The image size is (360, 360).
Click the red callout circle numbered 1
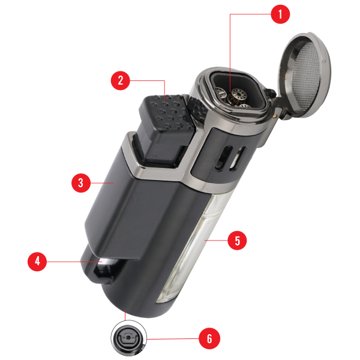pyautogui.click(x=280, y=14)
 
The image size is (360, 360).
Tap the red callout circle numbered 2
pyautogui.click(x=121, y=80)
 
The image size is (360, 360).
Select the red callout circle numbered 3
pyautogui.click(x=81, y=183)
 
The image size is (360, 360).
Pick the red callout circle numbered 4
pyautogui.click(x=37, y=262)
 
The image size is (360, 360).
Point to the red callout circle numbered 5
pyautogui.click(x=237, y=241)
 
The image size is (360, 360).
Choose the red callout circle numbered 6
pyautogui.click(x=209, y=338)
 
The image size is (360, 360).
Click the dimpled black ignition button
pyautogui.click(x=166, y=113)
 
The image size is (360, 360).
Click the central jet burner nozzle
pyautogui.click(x=239, y=94)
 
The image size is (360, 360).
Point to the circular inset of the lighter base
pyautogui.click(x=129, y=338)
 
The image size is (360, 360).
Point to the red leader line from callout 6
pyautogui.click(x=173, y=338)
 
